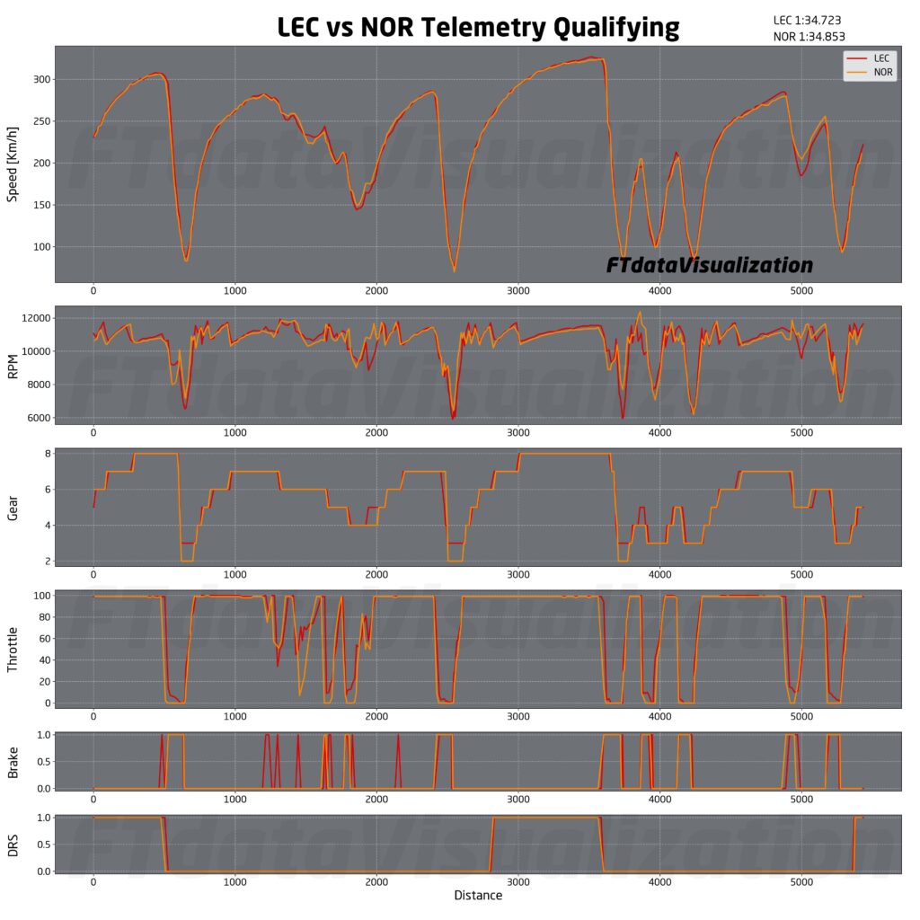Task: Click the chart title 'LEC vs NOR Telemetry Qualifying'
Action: (477, 27)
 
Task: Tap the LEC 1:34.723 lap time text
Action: (807, 20)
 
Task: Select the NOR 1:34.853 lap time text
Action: (809, 37)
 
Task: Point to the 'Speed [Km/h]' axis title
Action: (13, 164)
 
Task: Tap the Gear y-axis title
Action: (13, 508)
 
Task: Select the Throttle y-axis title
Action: (13, 647)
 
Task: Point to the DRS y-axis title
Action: (13, 845)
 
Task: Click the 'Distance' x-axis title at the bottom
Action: (477, 896)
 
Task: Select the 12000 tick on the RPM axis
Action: (31, 318)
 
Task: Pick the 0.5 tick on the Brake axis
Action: (39, 761)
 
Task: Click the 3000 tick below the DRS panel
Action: (517, 881)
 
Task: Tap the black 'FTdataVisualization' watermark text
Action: (709, 265)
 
